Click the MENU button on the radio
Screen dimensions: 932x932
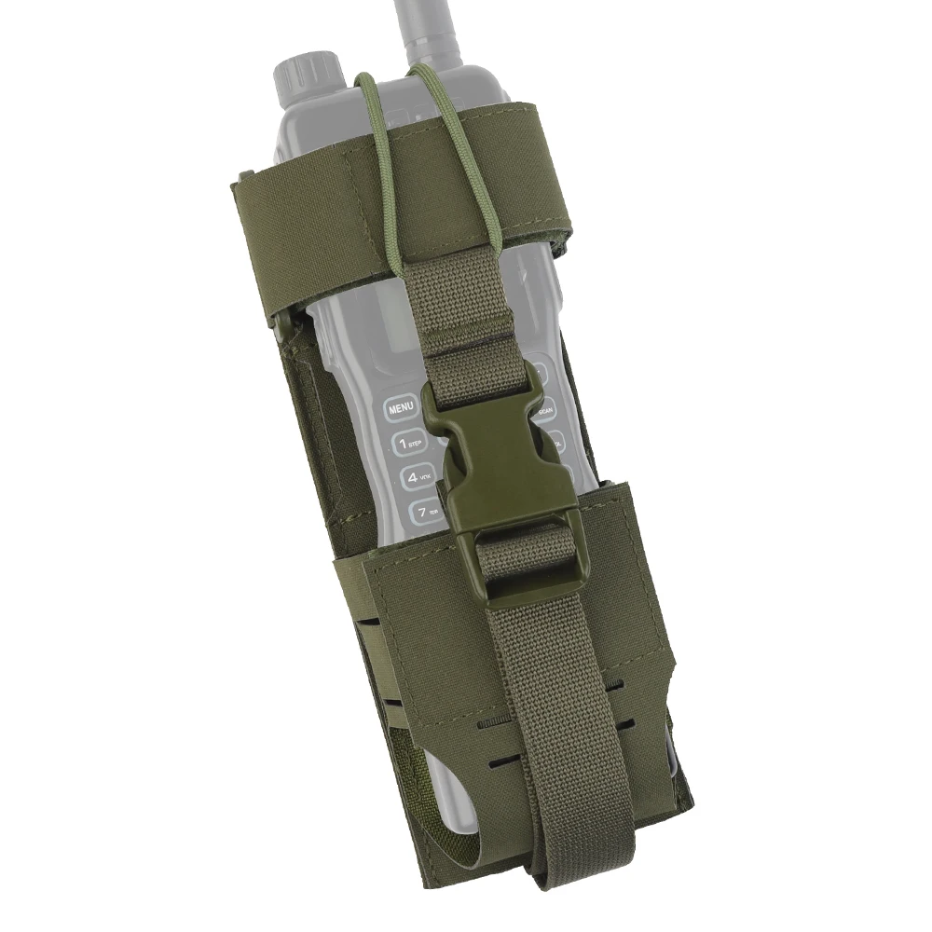coord(401,408)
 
